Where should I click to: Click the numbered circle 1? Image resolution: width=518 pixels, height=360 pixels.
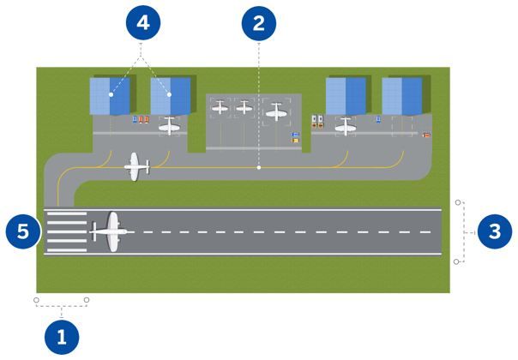pos(61,336)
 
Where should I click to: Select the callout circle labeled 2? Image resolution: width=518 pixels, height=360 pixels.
pos(257,23)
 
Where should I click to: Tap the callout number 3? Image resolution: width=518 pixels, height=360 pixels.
pos(494,231)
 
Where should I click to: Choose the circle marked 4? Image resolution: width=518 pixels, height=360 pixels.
pos(142,23)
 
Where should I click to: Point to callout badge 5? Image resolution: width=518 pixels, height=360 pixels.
pos(23,231)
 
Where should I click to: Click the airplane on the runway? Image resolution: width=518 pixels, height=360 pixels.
pos(110,231)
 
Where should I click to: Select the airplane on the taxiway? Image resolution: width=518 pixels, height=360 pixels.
pos(136,166)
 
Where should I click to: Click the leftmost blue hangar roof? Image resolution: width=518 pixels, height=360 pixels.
pos(110,95)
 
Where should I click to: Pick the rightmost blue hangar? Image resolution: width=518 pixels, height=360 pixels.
pos(402,95)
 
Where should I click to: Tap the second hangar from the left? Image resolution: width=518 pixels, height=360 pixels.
pos(170,95)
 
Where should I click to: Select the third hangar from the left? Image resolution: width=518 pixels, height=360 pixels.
pos(346,95)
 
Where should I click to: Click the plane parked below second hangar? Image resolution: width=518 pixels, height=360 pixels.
pos(170,127)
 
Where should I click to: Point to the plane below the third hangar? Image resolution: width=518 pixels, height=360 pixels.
pos(346,127)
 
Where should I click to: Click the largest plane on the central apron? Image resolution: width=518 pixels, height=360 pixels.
pos(275,111)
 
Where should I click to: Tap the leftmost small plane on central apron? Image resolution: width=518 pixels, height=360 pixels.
pos(220,107)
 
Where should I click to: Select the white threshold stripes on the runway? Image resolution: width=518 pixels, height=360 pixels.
pos(66,232)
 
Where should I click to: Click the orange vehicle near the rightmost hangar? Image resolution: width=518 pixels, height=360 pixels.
pos(426,135)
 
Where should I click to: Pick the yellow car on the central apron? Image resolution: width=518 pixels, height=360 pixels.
pos(296,140)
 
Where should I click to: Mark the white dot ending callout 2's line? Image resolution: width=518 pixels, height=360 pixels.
pos(258,168)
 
